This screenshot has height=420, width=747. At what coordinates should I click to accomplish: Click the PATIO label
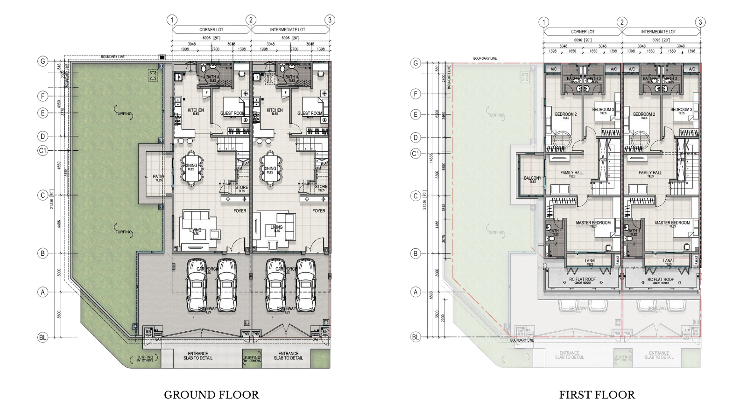(157, 177)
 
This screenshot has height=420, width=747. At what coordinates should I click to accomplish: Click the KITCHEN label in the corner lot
(196, 111)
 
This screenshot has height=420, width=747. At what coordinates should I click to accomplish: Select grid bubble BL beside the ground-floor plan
(43, 336)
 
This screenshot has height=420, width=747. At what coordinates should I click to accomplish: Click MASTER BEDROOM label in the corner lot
(593, 223)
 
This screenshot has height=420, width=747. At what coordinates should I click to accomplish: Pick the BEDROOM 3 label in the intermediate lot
(681, 110)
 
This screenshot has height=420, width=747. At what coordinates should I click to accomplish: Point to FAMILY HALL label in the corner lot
(572, 173)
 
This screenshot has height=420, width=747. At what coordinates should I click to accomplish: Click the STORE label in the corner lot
(242, 187)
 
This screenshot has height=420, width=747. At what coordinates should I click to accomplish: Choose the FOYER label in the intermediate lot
(319, 211)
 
